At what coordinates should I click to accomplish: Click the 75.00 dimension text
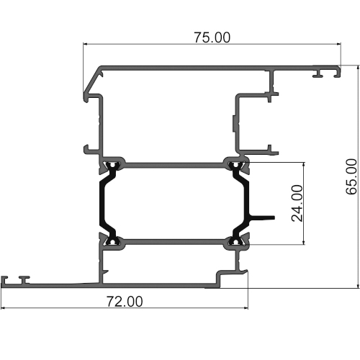pyautogui.click(x=212, y=37)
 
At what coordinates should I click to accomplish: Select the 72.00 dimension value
pyautogui.click(x=125, y=302)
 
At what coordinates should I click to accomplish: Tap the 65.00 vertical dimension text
pyautogui.click(x=351, y=176)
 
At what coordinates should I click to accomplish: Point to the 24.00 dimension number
pyautogui.click(x=297, y=203)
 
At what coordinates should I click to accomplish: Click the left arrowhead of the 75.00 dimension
pyautogui.click(x=85, y=44)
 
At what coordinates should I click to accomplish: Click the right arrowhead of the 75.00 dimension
pyautogui.click(x=339, y=44)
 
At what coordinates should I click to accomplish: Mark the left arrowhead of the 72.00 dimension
pyautogui.click(x=3, y=307)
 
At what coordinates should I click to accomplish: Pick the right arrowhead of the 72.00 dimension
pyautogui.click(x=246, y=307)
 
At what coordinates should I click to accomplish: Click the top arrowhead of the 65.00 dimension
pyautogui.click(x=359, y=68)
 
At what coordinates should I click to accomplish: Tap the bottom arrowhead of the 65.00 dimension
pyautogui.click(x=359, y=286)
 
